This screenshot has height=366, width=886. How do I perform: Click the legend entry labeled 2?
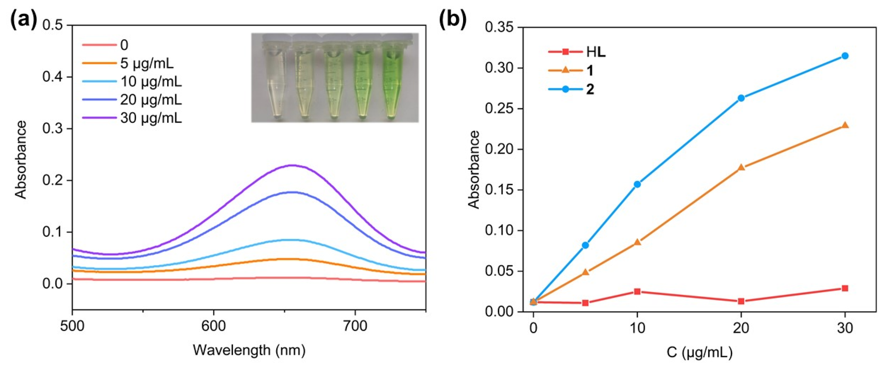(x=590, y=89)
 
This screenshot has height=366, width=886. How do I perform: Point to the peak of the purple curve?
(x=293, y=166)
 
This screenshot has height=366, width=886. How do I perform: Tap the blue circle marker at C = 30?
(x=845, y=56)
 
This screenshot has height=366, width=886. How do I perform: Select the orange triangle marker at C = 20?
(x=741, y=167)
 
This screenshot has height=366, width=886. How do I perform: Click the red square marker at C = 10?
(x=637, y=291)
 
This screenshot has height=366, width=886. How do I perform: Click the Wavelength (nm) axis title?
(x=249, y=350)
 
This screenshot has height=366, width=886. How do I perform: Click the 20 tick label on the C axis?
(x=741, y=328)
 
